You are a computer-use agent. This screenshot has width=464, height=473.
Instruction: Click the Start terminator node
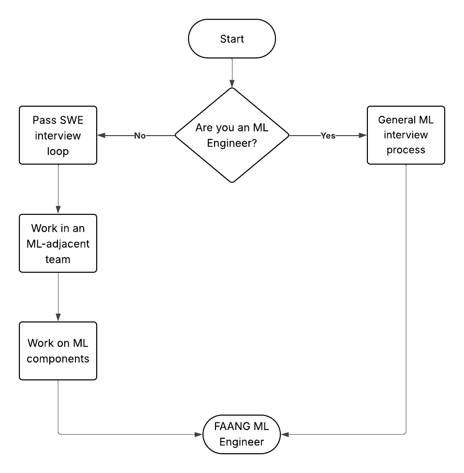(232, 39)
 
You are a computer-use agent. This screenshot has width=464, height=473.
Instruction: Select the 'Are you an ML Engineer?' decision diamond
(232, 135)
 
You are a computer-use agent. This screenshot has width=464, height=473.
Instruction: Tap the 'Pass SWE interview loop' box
(58, 135)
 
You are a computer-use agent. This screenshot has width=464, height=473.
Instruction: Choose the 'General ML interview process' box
(406, 135)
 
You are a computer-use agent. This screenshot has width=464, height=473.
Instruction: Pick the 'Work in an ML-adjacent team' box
(58, 243)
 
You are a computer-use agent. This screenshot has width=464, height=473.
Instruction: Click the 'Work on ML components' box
(58, 351)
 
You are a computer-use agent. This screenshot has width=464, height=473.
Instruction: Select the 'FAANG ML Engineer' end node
(242, 434)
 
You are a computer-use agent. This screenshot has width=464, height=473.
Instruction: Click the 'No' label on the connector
(140, 136)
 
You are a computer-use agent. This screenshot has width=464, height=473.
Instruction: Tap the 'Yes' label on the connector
(328, 136)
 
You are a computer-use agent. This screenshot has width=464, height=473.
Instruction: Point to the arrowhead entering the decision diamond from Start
(232, 83)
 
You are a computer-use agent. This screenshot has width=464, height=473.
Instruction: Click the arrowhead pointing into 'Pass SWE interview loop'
(101, 136)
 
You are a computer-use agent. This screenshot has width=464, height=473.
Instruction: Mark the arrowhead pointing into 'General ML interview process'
(363, 136)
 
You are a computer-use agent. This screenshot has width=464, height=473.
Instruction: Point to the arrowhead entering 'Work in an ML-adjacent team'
(58, 210)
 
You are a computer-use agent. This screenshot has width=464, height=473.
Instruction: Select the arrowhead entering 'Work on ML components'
(58, 318)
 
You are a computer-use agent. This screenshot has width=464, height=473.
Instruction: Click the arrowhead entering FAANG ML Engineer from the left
(198, 434)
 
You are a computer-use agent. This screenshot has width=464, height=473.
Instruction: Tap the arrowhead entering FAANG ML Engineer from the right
(285, 434)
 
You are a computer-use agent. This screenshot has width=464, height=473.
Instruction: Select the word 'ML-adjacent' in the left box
(58, 243)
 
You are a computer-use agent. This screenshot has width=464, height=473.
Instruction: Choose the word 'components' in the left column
(58, 359)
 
